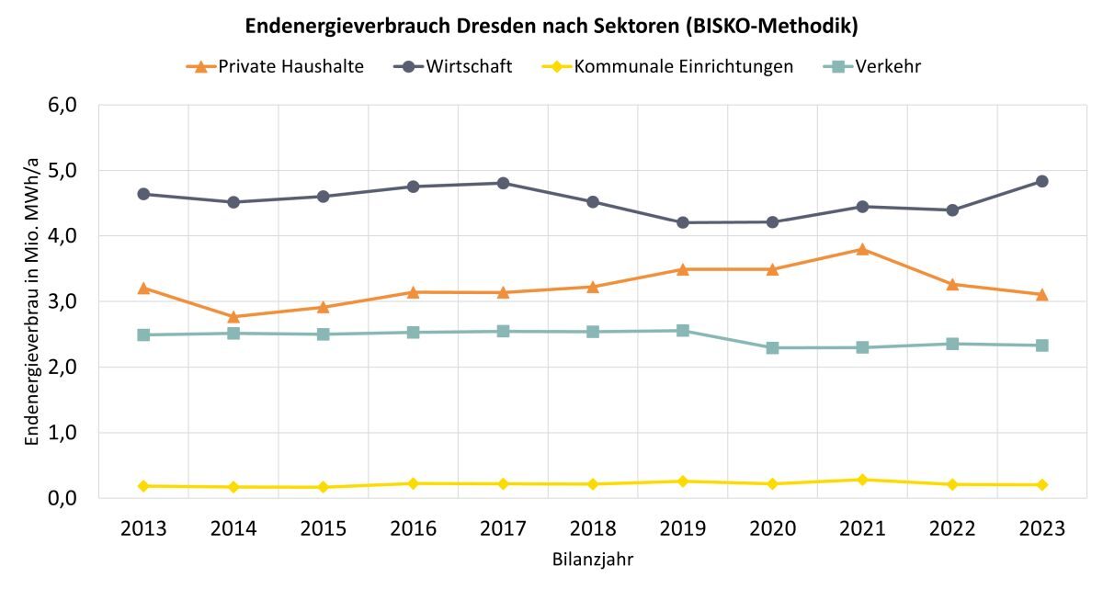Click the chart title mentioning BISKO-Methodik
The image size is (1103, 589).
click(551, 27)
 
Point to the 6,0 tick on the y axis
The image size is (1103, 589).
click(71, 106)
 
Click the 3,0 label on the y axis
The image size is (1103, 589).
click(71, 301)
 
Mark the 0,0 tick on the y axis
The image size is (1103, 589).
click(71, 498)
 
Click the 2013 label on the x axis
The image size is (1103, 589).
click(143, 529)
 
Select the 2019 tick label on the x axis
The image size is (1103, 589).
click(683, 529)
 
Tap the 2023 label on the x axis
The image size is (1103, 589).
click(1041, 529)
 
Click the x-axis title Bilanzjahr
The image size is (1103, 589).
click(593, 559)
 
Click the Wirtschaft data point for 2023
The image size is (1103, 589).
click(1041, 181)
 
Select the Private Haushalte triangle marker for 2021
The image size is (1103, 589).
click(862, 249)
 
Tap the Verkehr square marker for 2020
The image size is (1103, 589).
click(772, 348)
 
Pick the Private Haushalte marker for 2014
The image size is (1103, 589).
click(233, 317)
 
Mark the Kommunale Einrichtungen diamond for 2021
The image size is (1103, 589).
click(862, 480)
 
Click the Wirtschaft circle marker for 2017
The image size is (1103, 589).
click(503, 183)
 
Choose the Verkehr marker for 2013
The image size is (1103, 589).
click(143, 335)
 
